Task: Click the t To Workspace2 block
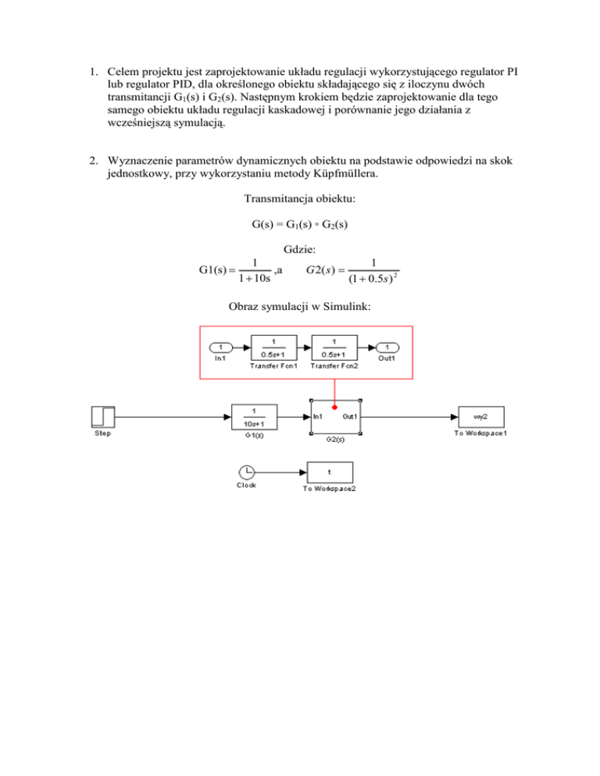(x=329, y=472)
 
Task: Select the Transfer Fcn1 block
(x=273, y=347)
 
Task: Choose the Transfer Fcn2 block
(x=334, y=347)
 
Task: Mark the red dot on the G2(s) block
(x=334, y=405)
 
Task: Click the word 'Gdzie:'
(x=299, y=250)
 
